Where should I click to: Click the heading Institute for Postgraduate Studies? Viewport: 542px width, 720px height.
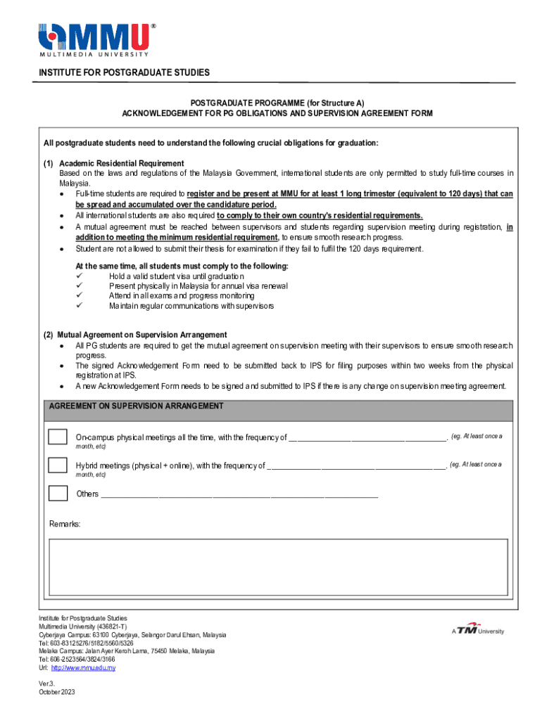click(124, 73)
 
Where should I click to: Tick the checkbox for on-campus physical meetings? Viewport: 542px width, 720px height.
click(58, 437)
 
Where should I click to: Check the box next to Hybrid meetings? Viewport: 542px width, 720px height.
click(58, 465)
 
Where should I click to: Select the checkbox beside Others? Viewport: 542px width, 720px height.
click(58, 493)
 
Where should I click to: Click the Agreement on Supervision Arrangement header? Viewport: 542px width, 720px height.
click(137, 406)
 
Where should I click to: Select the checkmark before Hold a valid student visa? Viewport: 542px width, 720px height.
click(80, 276)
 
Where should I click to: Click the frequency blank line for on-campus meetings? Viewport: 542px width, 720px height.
click(367, 439)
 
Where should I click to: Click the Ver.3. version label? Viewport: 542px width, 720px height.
click(46, 683)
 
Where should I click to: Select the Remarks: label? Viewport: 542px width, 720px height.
click(65, 525)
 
